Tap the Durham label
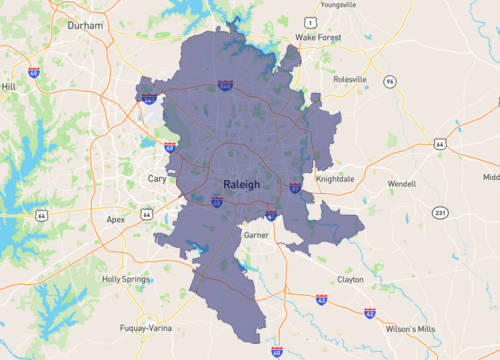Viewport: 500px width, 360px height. [85, 27]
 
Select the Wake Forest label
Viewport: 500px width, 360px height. [318, 38]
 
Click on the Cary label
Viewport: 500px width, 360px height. [157, 178]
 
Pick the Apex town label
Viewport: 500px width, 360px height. [116, 217]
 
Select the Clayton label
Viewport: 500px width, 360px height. [350, 280]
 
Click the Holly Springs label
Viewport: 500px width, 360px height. [125, 279]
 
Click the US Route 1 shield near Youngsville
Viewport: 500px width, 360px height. [312, 21]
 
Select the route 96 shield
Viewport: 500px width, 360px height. [389, 81]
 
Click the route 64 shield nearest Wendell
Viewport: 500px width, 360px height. [439, 144]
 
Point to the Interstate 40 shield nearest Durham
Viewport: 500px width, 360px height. [34, 73]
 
